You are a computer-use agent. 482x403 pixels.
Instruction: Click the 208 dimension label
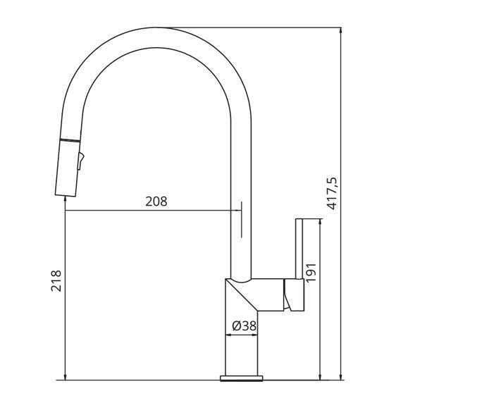click(156, 201)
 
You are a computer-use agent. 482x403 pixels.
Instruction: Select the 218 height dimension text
click(57, 280)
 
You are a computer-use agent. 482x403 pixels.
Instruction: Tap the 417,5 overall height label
click(333, 193)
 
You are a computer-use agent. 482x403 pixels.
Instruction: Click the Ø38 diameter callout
click(244, 325)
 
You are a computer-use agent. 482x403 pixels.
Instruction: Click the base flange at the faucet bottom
click(242, 378)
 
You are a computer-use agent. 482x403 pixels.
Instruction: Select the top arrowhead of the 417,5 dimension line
click(341, 31)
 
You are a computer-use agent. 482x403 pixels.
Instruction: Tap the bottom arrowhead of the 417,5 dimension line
click(341, 376)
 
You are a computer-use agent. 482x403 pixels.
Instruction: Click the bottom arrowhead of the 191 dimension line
click(321, 376)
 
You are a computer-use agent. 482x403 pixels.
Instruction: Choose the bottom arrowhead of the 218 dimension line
click(65, 376)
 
